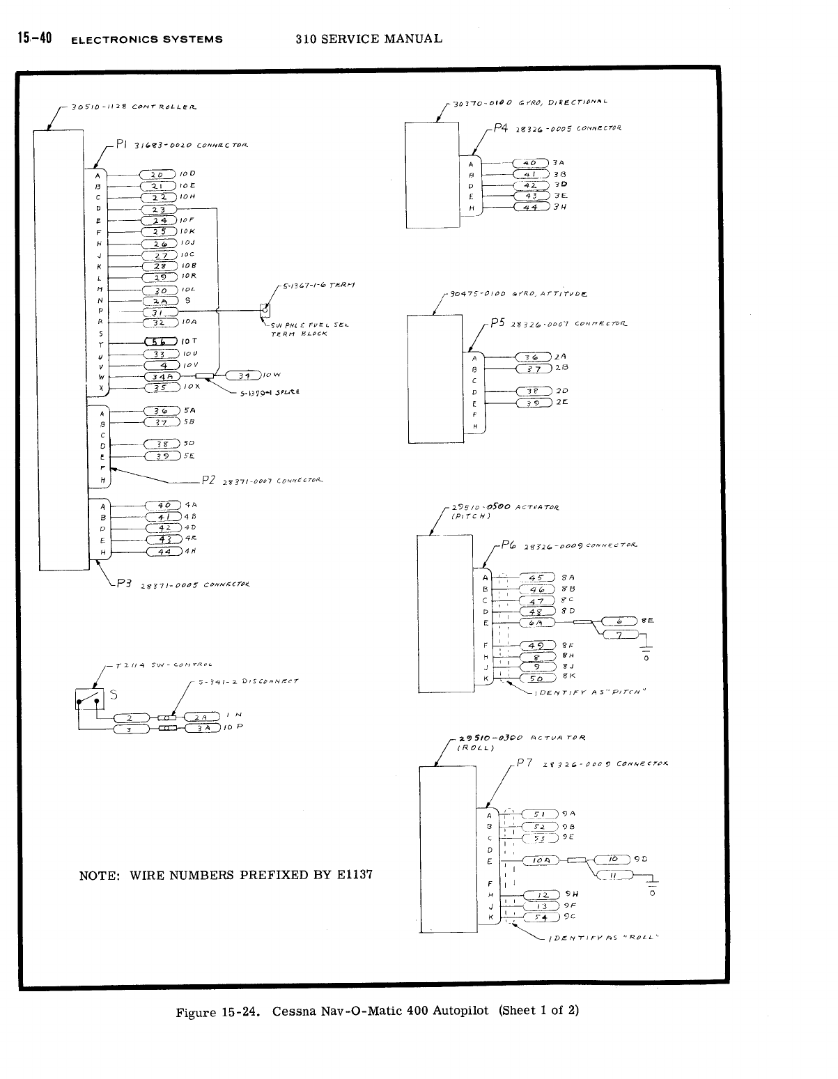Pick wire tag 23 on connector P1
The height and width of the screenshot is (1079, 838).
(x=160, y=209)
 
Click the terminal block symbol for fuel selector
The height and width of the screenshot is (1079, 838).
(x=265, y=309)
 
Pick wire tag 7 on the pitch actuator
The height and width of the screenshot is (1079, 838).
(x=619, y=635)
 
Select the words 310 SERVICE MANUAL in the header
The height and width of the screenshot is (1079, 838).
(x=368, y=39)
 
